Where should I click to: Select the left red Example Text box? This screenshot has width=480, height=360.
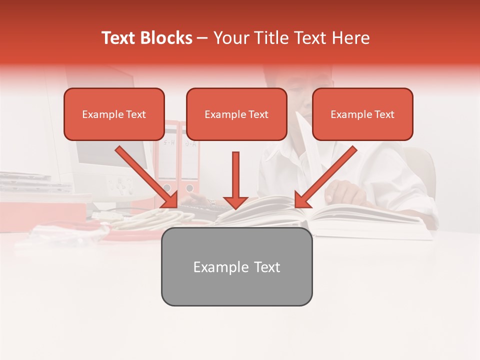114,114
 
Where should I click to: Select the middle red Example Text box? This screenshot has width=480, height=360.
236,114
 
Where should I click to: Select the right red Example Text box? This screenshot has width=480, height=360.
362,114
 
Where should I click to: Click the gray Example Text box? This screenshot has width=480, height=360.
236,267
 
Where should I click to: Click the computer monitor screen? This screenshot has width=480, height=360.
107,155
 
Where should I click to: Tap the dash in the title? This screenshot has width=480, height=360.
202,38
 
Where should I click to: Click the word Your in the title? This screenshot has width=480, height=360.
230,38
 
